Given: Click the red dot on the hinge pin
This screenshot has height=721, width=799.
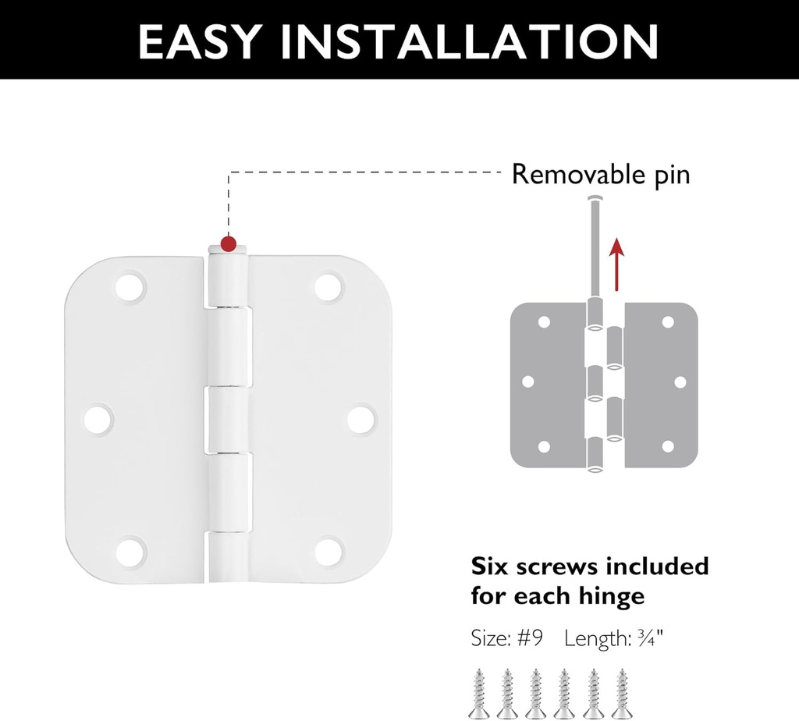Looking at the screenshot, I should (228, 243).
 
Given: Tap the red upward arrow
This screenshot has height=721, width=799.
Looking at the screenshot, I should (617, 265).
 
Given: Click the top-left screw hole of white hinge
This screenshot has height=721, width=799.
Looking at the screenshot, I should (131, 286).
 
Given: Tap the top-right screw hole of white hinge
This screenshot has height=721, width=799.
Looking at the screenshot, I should (330, 286).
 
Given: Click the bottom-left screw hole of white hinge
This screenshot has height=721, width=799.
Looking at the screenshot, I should (131, 551).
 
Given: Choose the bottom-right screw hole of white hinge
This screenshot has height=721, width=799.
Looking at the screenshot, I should (330, 551).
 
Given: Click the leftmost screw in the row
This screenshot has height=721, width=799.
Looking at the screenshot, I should (478, 692).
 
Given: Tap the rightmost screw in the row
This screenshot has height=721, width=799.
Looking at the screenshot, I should (622, 692).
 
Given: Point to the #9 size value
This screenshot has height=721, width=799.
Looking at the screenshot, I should (530, 639).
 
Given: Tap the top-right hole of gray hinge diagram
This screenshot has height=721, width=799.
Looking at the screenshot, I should (668, 321).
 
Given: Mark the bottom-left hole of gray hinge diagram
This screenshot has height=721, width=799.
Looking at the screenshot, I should (545, 446).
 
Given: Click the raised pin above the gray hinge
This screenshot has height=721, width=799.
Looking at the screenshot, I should (595, 234).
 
